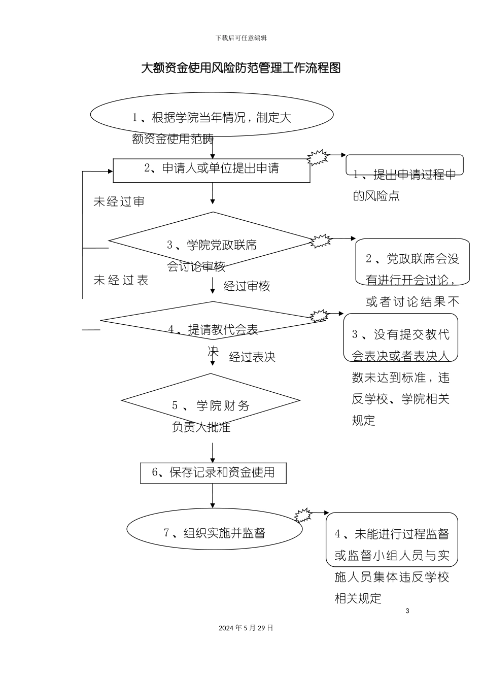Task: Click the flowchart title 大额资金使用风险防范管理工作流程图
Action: [240, 68]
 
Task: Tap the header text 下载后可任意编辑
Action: [241, 38]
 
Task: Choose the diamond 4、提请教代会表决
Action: [212, 321]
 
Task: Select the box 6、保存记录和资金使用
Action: [213, 473]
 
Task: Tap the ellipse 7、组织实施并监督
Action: [214, 529]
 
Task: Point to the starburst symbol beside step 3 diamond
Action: [321, 241]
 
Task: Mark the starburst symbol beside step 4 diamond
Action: [320, 316]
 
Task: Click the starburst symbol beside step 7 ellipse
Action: [303, 516]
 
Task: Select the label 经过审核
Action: [247, 287]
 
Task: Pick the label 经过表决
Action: [252, 357]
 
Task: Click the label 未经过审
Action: [119, 202]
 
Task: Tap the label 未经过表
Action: [121, 281]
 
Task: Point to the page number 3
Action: [407, 611]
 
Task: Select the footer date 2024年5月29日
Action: [246, 628]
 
